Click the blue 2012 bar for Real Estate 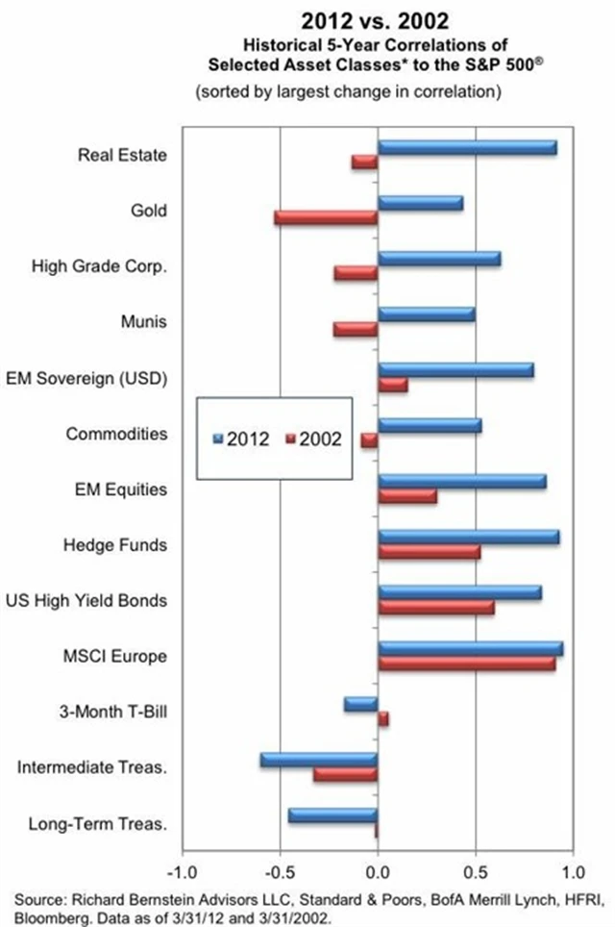(467, 147)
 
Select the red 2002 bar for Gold (326, 217)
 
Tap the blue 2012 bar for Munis (426, 314)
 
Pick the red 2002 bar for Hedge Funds (429, 552)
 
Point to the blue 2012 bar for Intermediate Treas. (318, 760)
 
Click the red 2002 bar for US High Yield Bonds (435, 608)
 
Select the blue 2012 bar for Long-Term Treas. (332, 815)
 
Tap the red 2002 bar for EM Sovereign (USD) (392, 385)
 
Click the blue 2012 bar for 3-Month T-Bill (360, 704)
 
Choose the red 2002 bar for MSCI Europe (466, 664)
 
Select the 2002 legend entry (315, 438)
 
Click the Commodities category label (116, 434)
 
